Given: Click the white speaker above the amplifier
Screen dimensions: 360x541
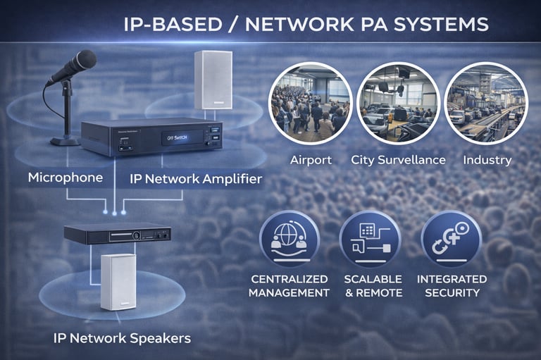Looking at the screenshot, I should [213, 80].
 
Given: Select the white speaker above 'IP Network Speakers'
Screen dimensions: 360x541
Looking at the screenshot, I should [118, 281].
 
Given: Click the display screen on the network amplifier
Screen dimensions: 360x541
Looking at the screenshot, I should [171, 138].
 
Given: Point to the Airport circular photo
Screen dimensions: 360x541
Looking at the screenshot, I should [311, 103].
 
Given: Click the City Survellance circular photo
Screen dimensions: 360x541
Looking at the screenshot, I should [398, 103].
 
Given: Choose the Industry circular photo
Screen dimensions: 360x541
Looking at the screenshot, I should [486, 103].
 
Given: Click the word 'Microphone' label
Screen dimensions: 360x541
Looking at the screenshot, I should [66, 178].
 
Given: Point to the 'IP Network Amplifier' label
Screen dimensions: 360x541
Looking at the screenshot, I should [196, 179].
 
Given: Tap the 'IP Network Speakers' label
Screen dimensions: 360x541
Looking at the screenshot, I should [122, 338].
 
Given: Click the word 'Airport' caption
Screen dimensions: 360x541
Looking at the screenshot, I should [311, 160].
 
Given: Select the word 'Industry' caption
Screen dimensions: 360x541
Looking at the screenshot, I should [487, 160].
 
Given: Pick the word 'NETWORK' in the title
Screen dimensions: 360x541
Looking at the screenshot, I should [297, 25].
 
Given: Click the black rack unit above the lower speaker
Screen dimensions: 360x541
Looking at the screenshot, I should [117, 234].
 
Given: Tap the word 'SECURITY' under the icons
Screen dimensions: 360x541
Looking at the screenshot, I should [452, 292].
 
